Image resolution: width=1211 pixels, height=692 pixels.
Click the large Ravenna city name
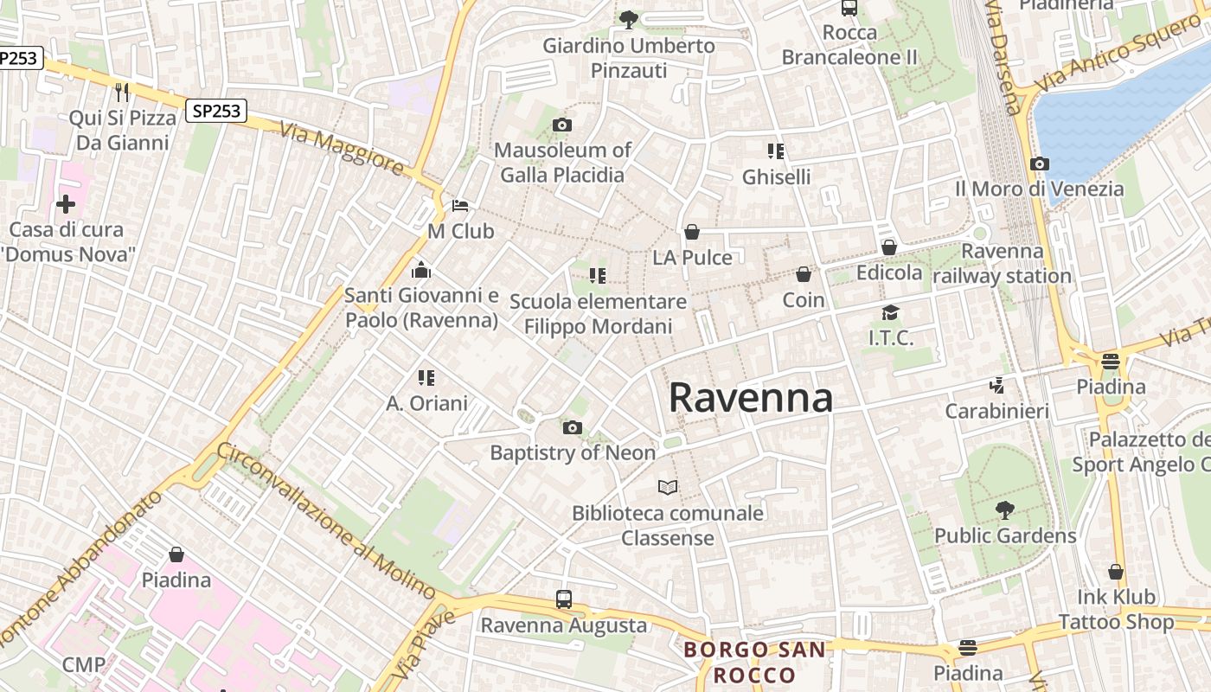[751, 398]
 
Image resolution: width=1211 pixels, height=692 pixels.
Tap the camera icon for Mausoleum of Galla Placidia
[561, 125]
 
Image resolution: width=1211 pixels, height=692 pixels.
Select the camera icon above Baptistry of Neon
[572, 427]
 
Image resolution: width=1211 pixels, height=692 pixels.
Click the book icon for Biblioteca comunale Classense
[667, 488]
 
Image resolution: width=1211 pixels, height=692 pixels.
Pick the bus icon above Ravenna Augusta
[563, 599]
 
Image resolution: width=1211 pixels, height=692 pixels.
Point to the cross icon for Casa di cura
[66, 204]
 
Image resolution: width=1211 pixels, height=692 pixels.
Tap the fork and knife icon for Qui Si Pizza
[122, 92]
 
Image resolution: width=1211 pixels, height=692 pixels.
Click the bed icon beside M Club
[460, 206]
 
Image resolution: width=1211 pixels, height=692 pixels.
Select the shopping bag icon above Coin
[804, 274]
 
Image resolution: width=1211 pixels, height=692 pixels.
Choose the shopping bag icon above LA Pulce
[691, 232]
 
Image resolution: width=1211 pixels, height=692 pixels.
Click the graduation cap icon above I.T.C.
[890, 312]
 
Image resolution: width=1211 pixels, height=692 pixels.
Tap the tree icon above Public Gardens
[1004, 510]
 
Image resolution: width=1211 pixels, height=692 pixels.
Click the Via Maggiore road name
[343, 149]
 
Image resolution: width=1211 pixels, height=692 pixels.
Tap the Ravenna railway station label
[1003, 264]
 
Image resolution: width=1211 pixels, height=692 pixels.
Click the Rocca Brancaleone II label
[849, 45]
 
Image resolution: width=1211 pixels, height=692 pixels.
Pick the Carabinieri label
[996, 411]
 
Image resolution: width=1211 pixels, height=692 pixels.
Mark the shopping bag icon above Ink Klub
[1116, 572]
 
